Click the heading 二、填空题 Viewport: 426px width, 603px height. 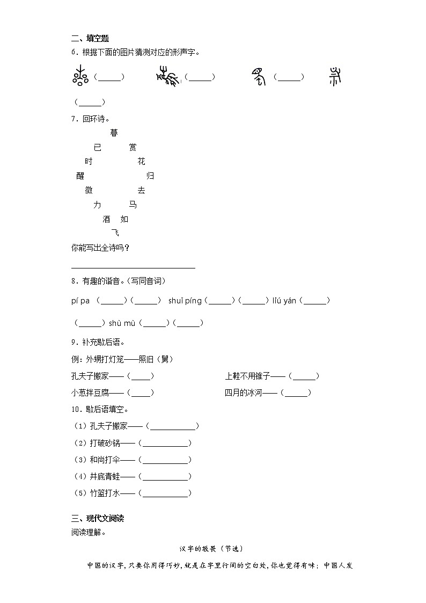90,38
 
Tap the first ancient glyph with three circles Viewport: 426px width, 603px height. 80,77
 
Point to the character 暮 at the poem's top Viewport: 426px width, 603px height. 114,133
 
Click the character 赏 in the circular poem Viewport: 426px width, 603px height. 133,147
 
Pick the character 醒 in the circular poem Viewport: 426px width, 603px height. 80,176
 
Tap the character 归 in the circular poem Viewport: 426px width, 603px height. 150,176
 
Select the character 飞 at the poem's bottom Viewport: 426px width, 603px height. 115,233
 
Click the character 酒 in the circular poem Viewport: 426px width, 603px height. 106,219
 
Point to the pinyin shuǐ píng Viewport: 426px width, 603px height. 185,301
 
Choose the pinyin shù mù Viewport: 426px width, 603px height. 122,323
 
